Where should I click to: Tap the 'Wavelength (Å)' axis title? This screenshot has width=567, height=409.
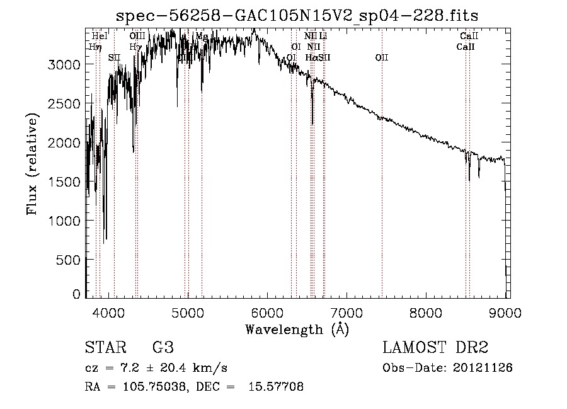click(297, 329)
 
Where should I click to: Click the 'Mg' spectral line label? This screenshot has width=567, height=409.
click(202, 37)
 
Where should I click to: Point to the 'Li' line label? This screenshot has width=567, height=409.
click(323, 37)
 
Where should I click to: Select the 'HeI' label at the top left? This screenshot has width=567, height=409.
click(100, 37)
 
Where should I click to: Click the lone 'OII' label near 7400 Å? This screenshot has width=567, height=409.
click(382, 58)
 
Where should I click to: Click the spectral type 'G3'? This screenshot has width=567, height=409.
click(163, 348)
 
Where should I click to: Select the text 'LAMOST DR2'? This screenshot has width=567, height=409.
click(435, 348)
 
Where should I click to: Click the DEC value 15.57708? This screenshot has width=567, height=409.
click(279, 387)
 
